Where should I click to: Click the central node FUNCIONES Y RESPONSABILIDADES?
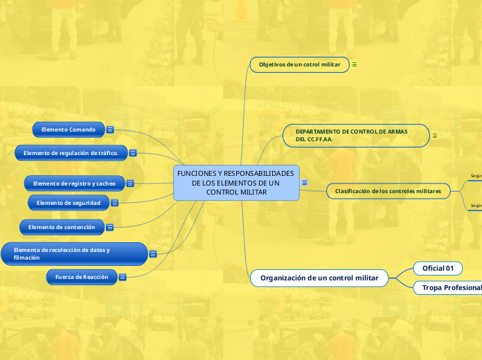[235, 183]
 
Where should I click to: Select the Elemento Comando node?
[69, 129]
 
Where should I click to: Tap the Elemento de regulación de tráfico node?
[71, 153]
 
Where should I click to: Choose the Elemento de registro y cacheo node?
[74, 183]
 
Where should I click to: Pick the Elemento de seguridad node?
[69, 203]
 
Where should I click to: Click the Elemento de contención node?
[62, 227]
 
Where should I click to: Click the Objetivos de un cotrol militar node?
[299, 64]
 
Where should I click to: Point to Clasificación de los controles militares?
[387, 190]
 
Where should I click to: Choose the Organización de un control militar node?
[319, 278]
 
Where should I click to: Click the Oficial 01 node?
[438, 268]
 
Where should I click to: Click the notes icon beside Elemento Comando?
[110, 129]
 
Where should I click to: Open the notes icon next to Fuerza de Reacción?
[123, 277]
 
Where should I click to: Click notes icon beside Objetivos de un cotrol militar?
[355, 64]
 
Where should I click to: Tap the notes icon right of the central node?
[305, 183]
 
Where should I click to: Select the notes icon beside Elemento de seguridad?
[115, 203]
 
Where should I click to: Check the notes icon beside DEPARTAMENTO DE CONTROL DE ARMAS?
[435, 136]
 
